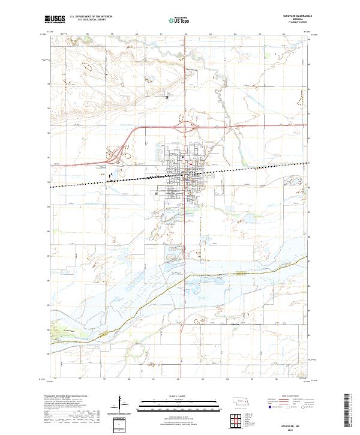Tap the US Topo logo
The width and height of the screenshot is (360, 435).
(x=181, y=20)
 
